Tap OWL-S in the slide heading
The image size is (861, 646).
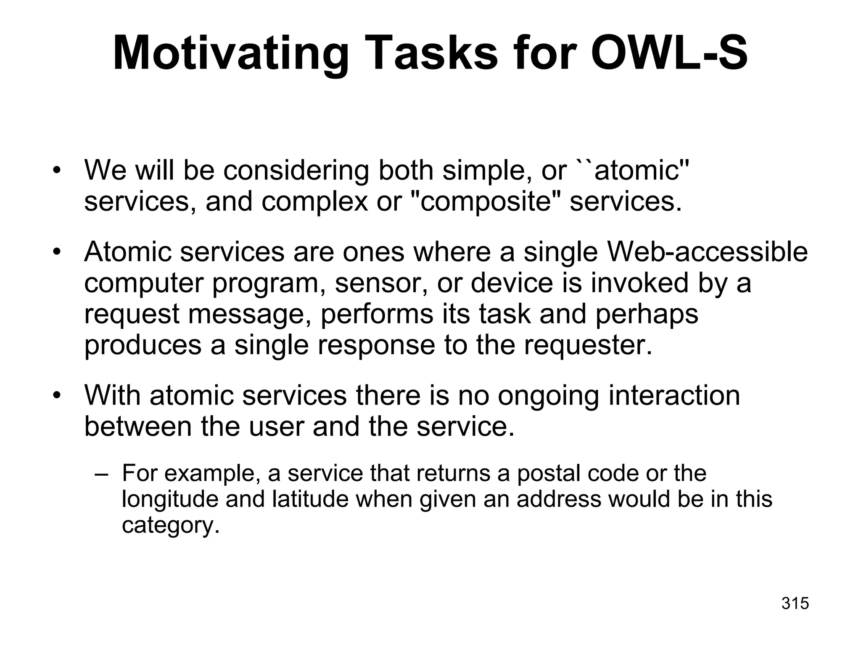(x=669, y=54)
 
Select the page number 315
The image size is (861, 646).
(x=795, y=603)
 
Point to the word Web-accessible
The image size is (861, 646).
(x=708, y=252)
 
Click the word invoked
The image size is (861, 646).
(x=639, y=283)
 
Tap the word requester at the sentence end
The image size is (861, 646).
(x=588, y=345)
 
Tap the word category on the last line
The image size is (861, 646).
(x=170, y=525)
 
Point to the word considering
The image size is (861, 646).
(x=296, y=171)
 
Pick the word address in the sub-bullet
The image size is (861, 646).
(x=559, y=499)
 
